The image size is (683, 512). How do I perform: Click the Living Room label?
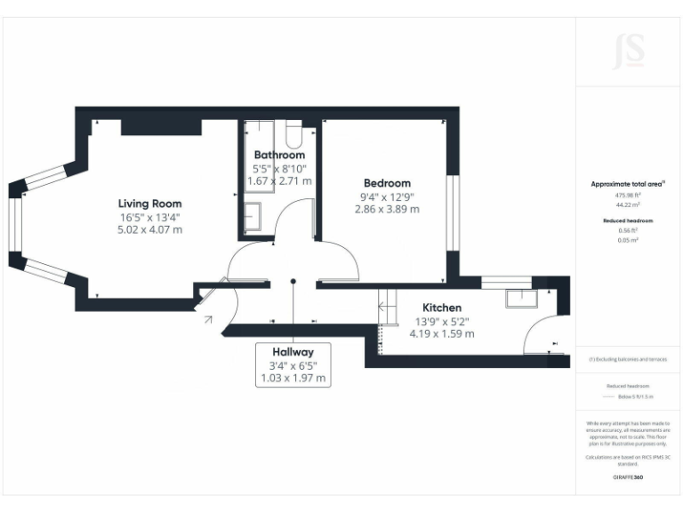(150, 204)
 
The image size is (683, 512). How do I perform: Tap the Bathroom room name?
(279, 155)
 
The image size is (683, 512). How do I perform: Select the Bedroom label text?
(387, 183)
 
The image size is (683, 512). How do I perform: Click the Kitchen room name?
(441, 308)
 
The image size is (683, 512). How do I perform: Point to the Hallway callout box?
(293, 364)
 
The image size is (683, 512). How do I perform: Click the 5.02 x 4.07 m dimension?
(150, 229)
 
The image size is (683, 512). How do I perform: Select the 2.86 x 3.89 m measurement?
(387, 210)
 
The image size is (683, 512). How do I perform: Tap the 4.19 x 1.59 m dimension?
(441, 334)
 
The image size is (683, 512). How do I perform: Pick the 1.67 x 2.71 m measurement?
(279, 180)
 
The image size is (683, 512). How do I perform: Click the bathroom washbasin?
(252, 216)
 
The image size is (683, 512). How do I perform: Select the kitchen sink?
(519, 299)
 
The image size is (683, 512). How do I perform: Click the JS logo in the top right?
(629, 52)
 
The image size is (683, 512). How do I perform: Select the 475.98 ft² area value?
(628, 196)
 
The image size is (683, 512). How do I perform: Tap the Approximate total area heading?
(628, 184)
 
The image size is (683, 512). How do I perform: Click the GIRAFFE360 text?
(628, 477)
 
